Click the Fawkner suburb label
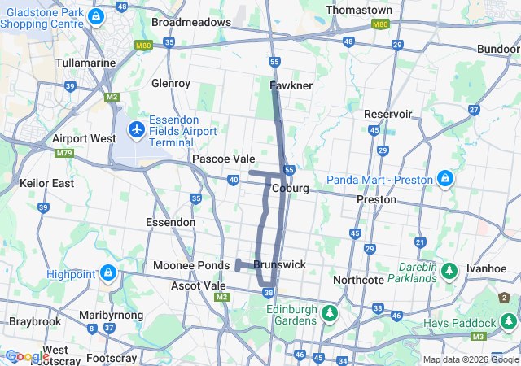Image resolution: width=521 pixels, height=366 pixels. (291, 85)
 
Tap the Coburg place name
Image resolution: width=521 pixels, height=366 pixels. (291, 188)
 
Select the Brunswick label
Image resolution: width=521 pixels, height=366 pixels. (279, 265)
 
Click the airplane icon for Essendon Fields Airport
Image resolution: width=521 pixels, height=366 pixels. (136, 129)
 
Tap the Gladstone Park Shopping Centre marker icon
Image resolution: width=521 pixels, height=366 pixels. (96, 15)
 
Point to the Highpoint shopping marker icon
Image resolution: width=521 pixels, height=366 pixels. (107, 273)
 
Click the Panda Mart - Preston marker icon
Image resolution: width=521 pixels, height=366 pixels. (444, 178)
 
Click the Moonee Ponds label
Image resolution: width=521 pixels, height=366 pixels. (191, 266)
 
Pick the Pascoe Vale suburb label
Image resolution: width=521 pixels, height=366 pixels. (223, 159)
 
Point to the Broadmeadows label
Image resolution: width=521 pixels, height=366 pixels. (191, 22)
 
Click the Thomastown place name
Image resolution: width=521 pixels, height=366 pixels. (358, 10)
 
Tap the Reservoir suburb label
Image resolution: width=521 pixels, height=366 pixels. (388, 114)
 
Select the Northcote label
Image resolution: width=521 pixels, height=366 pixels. (357, 280)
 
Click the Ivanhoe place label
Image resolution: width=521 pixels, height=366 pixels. (487, 268)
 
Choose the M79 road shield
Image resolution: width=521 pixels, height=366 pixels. (65, 153)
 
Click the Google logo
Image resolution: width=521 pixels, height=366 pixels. (27, 356)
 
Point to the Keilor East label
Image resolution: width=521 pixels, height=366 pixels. (46, 183)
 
